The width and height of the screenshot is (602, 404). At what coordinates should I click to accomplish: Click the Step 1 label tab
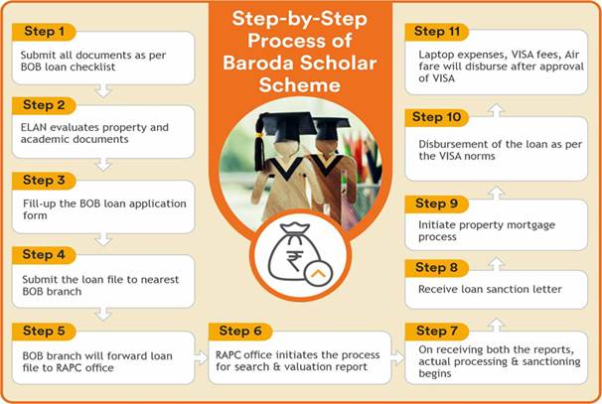pyautogui.click(x=44, y=32)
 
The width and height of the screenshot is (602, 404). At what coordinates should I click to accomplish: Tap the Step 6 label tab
pyautogui.click(x=240, y=332)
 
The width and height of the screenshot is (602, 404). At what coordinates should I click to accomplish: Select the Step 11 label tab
pyautogui.click(x=436, y=32)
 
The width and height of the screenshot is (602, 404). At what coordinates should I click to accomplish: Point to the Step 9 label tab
pyautogui.click(x=436, y=204)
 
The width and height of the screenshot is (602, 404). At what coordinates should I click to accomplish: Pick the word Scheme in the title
pyautogui.click(x=299, y=84)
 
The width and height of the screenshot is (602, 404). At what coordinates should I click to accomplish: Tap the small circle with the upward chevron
pyautogui.click(x=318, y=274)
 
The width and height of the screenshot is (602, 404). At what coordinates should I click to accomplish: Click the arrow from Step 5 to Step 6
pyautogui.click(x=202, y=357)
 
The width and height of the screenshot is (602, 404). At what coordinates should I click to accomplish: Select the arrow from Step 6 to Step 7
pyautogui.click(x=397, y=357)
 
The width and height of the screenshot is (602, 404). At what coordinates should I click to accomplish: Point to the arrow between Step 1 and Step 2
pyautogui.click(x=103, y=91)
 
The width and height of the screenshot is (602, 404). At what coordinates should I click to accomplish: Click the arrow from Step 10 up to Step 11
pyautogui.click(x=496, y=110)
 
